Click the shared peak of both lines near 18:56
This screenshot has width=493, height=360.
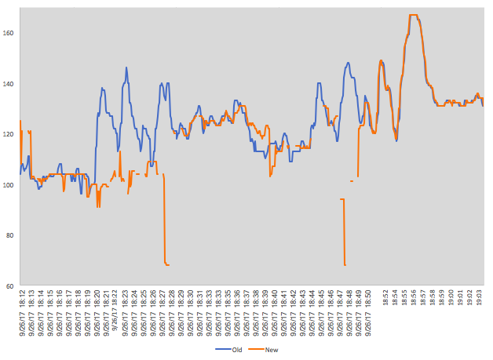click(x=414, y=16)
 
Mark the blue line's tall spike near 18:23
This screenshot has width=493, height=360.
click(x=126, y=68)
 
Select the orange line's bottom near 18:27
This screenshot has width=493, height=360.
click(x=166, y=264)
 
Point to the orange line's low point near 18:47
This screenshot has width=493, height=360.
click(x=345, y=264)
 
